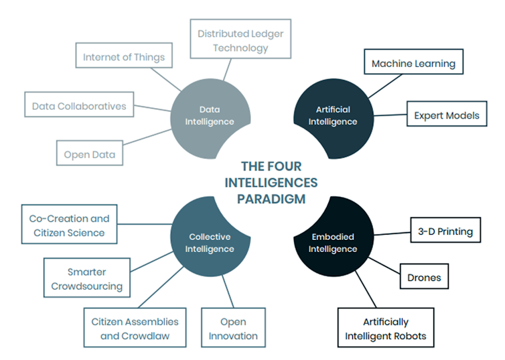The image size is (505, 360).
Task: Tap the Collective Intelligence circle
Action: [x=210, y=242]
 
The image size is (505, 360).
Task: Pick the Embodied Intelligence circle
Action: [x=333, y=242]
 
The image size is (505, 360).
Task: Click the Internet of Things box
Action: [x=123, y=57]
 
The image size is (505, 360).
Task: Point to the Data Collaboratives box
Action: [x=79, y=106]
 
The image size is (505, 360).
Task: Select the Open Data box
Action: [x=90, y=154]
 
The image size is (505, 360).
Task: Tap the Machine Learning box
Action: [x=413, y=64]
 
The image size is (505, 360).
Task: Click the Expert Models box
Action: [x=446, y=115]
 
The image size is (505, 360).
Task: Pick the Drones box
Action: [x=424, y=276]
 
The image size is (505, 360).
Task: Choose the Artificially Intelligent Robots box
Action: [x=385, y=328]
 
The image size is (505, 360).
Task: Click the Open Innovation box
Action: [x=232, y=328]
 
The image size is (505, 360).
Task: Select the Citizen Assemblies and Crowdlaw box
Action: [x=135, y=328]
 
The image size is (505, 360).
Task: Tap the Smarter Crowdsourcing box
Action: [x=86, y=279]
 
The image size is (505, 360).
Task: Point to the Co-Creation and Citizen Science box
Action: [x=69, y=225]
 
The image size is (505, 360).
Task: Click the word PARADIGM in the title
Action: [x=271, y=198]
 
